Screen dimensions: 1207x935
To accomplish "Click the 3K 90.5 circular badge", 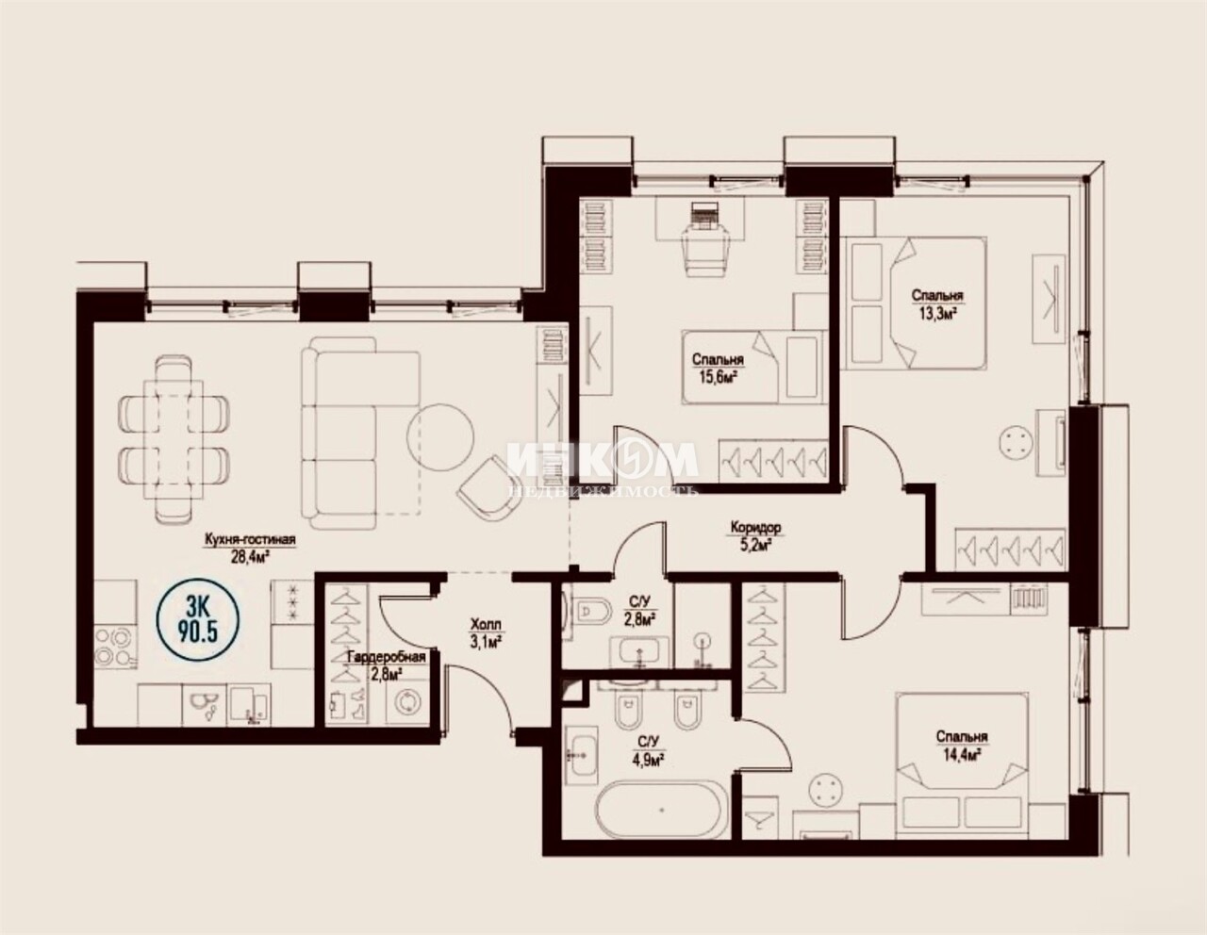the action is tap(198, 619).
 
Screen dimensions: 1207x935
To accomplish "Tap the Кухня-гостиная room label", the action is tap(250, 539).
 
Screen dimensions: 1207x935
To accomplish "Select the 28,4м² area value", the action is tap(250, 557).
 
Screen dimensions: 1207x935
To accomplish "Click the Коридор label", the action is tap(756, 526).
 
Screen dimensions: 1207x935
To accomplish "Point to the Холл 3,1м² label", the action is tap(486, 634).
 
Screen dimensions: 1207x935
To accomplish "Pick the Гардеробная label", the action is tap(387, 657).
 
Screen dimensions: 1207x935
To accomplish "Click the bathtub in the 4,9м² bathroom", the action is tap(660, 810).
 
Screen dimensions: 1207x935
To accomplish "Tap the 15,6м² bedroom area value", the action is tap(718, 378).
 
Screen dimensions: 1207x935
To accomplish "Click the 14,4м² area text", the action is tap(962, 755).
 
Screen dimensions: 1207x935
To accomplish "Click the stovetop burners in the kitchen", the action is tap(115, 645).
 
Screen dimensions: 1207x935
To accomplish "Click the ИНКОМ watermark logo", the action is tap(603, 460).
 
